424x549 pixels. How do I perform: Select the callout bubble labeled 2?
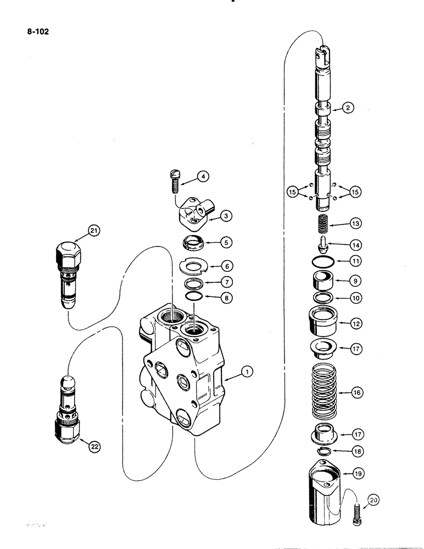click(x=347, y=108)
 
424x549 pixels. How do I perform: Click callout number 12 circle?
click(x=356, y=324)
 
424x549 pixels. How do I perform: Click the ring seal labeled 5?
click(x=194, y=242)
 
